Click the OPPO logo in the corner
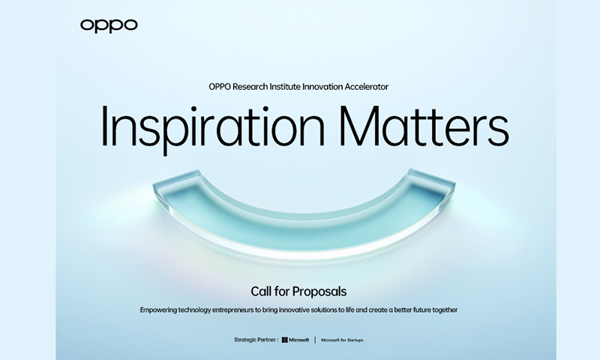[x=109, y=25]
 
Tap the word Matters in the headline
[x=424, y=125]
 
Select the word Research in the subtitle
[x=250, y=87]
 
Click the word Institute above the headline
[x=285, y=87]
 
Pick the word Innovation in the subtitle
[x=322, y=87]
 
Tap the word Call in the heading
[x=261, y=292]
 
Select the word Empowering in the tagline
[x=158, y=310]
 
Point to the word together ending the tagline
[x=445, y=310]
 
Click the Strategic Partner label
[x=256, y=340]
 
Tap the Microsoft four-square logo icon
[x=285, y=340]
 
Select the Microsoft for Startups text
[x=342, y=340]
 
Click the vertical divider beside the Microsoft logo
[x=315, y=340]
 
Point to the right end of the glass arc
[x=454, y=185]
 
